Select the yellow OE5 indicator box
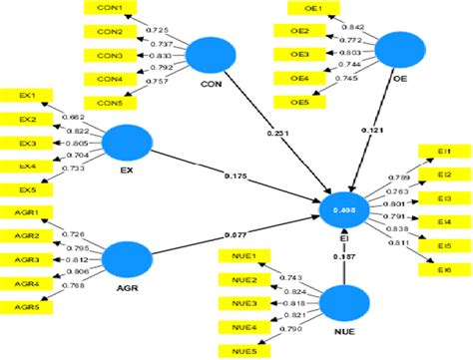pos(298,101)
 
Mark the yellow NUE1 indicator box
pos(239,256)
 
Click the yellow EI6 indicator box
pos(444,269)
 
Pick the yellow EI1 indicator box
pos(444,151)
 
